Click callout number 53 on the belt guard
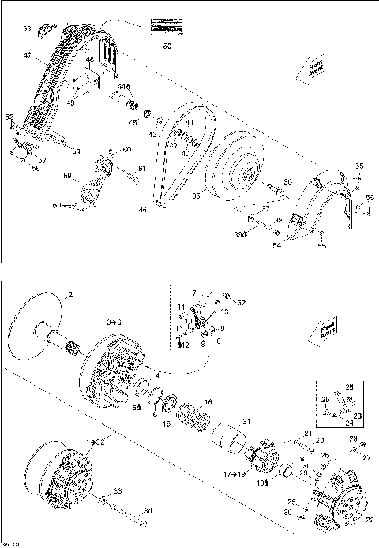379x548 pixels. tap(27, 28)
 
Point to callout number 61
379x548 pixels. tap(142, 169)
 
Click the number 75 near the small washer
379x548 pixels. tap(133, 122)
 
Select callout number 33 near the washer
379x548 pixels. tap(118, 490)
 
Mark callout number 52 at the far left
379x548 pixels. tap(10, 117)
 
